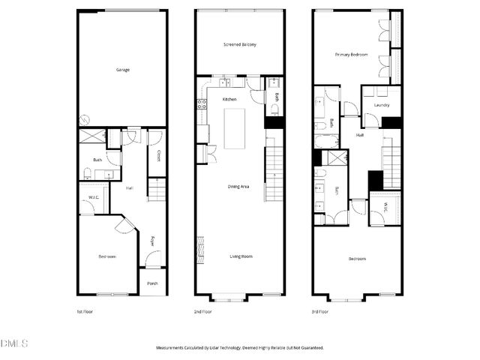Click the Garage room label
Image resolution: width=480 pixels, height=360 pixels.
pyautogui.click(x=123, y=70)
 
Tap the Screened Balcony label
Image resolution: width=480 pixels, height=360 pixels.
pyautogui.click(x=240, y=45)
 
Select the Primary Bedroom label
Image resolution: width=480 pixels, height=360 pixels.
pyautogui.click(x=351, y=55)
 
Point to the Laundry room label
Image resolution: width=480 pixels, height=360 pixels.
pyautogui.click(x=381, y=105)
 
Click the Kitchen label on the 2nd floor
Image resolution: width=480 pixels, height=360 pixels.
pyautogui.click(x=229, y=99)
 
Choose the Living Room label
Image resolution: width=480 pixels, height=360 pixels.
pyautogui.click(x=241, y=256)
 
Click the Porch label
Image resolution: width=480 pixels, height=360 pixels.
pyautogui.click(x=152, y=283)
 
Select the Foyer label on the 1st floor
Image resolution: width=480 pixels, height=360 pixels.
pyautogui.click(x=152, y=241)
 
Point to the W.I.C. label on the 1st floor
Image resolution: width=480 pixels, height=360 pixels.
pyautogui.click(x=94, y=198)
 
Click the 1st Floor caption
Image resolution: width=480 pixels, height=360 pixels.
pyautogui.click(x=85, y=311)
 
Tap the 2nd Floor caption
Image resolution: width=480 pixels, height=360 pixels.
pyautogui.click(x=203, y=311)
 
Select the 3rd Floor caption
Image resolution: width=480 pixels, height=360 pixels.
pyautogui.click(x=320, y=311)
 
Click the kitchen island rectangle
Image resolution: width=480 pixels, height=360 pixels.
pyautogui.click(x=235, y=127)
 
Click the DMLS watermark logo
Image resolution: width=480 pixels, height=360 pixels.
pyautogui.click(x=14, y=344)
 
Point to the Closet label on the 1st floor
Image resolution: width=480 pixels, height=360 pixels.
pyautogui.click(x=158, y=156)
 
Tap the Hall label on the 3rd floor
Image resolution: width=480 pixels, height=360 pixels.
pyautogui.click(x=360, y=135)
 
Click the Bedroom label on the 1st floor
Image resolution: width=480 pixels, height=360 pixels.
pyautogui.click(x=107, y=256)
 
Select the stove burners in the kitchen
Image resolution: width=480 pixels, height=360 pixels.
pyautogui.click(x=201, y=105)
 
